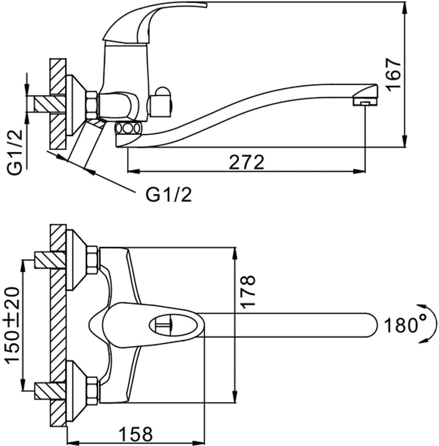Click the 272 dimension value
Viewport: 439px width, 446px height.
tap(246, 162)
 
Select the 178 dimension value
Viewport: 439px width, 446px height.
tap(248, 292)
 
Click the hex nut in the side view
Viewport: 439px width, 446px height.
tap(92, 103)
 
